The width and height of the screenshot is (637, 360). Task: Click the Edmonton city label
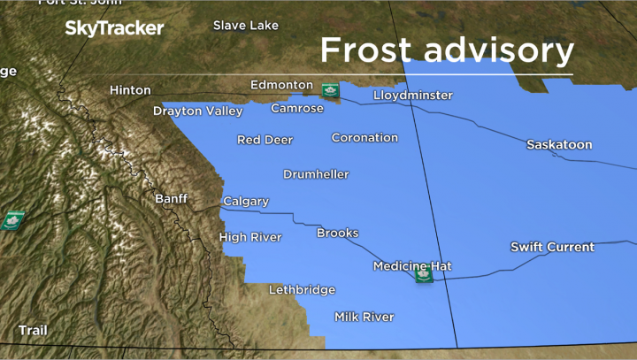tap(281, 85)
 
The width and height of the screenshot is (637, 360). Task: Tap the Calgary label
tap(245, 202)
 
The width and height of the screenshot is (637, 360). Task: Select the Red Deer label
tap(265, 140)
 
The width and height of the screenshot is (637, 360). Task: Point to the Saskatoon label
tap(559, 144)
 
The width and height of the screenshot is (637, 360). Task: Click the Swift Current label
tap(552, 247)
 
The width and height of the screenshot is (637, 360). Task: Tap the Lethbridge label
tap(302, 289)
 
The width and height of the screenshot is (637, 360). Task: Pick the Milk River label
tap(364, 317)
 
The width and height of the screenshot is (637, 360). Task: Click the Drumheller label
tap(316, 174)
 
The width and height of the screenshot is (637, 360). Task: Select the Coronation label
tap(365, 137)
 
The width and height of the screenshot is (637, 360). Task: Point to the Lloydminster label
tap(412, 95)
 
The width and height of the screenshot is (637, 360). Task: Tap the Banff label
tap(171, 199)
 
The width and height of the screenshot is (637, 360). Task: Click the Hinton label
tap(130, 90)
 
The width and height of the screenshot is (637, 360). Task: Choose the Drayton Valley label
tap(197, 111)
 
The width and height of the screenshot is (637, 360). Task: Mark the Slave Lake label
tap(245, 26)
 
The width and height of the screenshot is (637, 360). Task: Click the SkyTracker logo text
tap(114, 28)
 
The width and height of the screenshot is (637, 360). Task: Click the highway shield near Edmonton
tap(330, 89)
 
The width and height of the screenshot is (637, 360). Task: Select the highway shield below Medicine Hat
tap(424, 275)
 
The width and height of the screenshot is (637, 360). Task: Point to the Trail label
tap(33, 330)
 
